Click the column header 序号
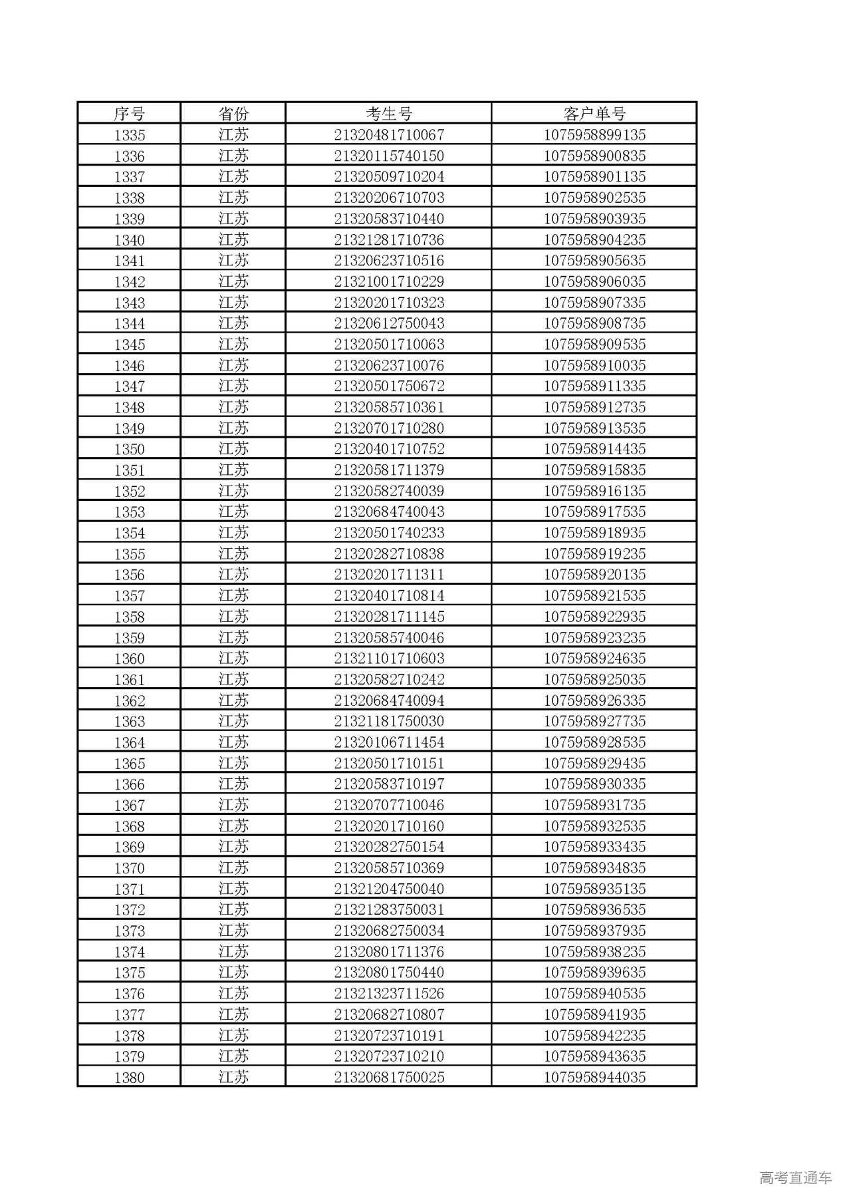pos(129,114)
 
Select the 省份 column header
pos(233,114)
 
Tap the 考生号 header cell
pos(389,114)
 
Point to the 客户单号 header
pos(594,114)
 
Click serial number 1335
pos(129,135)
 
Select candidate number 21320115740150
pos(389,156)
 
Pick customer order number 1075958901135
pos(594,177)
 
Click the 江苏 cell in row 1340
pos(233,239)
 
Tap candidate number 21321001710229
pos(389,281)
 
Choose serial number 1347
pos(129,386)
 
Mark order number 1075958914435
pos(594,449)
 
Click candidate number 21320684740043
pos(389,512)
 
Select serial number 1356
pos(129,575)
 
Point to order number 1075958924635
pos(594,659)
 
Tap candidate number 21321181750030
pos(389,721)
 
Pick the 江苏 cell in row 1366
pos(233,784)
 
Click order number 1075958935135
pos(594,889)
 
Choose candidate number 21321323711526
pos(389,994)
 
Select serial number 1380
pos(129,1078)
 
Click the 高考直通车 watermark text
pos(795,1178)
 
